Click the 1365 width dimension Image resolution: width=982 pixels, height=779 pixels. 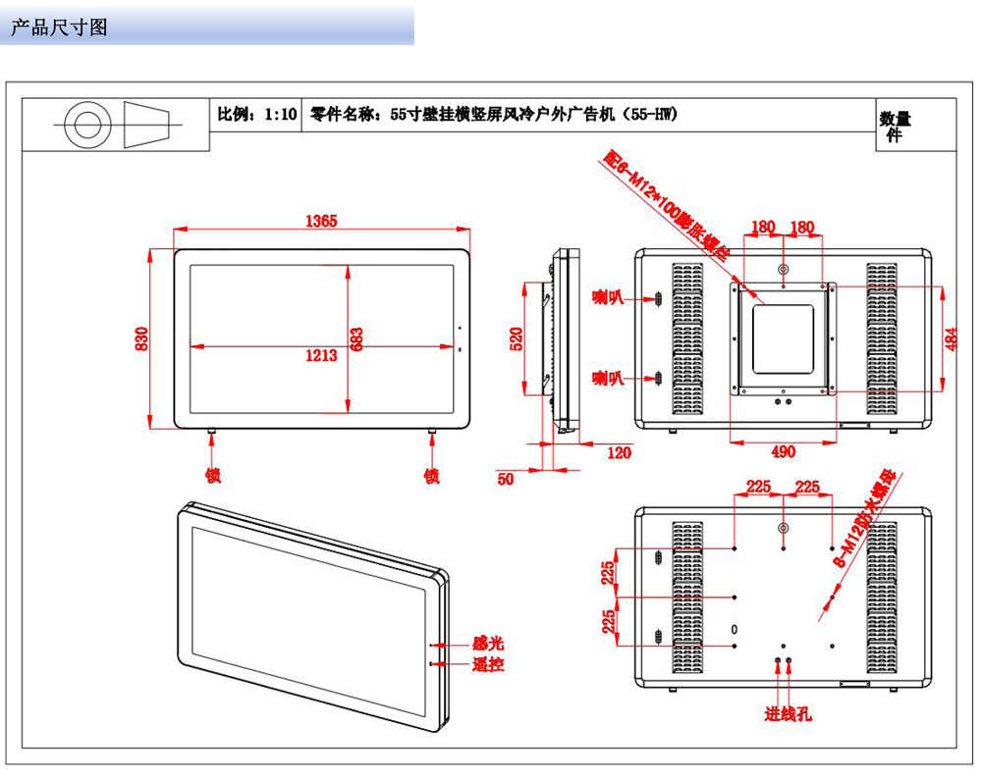pos(320,221)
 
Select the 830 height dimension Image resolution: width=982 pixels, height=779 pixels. pos(141,338)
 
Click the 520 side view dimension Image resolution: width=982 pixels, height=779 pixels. pos(518,338)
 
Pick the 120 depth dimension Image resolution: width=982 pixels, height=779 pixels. pos(619,452)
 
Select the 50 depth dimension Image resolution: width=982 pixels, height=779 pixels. pos(506,479)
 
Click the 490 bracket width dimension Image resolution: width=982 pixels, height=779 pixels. pos(783,451)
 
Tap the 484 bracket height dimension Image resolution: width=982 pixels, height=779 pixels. pos(950,337)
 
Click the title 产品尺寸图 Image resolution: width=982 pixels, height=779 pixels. pos(59,27)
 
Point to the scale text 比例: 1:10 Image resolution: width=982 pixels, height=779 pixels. pos(256,114)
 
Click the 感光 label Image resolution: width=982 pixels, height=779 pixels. pos(487,644)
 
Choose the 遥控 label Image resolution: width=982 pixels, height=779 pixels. pos(487,664)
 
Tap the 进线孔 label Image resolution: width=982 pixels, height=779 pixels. pos(789,714)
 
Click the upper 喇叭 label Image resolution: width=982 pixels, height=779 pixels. pos(608,295)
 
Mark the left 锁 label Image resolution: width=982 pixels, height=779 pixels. pos(212,476)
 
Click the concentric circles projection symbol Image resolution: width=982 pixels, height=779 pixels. pos(82,125)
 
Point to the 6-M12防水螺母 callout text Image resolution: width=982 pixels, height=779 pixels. pos(865,519)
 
